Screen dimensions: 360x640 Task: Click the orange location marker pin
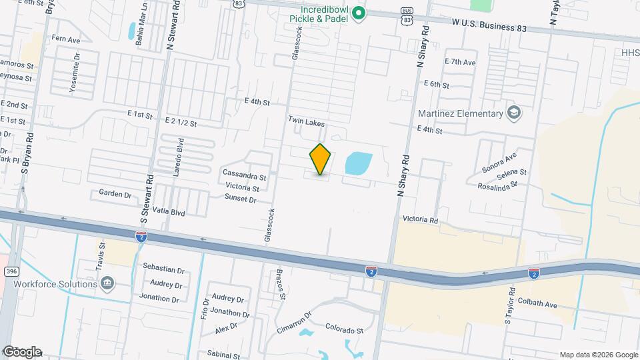(x=321, y=159)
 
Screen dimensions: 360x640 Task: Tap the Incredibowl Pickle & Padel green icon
(x=359, y=13)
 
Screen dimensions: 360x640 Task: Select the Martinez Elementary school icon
(x=513, y=112)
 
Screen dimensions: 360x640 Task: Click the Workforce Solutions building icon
(x=106, y=284)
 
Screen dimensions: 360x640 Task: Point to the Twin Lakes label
(x=306, y=121)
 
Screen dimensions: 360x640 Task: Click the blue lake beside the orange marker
(x=358, y=162)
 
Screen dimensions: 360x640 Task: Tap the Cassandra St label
(x=244, y=177)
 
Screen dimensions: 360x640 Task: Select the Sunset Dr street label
(x=241, y=199)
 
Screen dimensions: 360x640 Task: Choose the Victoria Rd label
(x=419, y=219)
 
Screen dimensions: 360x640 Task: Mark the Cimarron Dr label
(x=294, y=323)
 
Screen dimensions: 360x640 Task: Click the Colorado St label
(x=344, y=329)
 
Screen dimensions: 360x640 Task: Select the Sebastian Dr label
(x=163, y=270)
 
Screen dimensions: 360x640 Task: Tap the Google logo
(x=21, y=352)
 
